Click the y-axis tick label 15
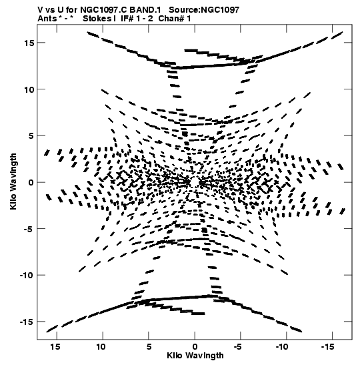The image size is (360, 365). click(29, 43)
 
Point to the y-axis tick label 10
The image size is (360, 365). click(29, 89)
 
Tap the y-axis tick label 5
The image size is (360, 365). click(31, 136)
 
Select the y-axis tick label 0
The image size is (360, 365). click(31, 183)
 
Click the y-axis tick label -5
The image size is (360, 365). click(29, 229)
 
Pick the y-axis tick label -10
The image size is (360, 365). click(27, 276)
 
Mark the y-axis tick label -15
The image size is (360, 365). click(27, 322)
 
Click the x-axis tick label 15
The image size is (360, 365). click(55, 347)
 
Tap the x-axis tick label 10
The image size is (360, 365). click(101, 347)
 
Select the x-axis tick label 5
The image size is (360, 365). click(149, 347)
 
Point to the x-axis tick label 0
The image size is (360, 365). click(195, 347)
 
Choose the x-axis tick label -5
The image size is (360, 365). click(238, 347)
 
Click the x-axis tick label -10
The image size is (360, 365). click(282, 347)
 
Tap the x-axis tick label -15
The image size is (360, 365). click(328, 347)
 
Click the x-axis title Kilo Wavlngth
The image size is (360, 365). click(195, 356)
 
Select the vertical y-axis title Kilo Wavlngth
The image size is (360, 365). click(13, 181)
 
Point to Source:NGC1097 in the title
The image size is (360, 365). click(204, 10)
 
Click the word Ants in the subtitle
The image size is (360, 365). click(47, 19)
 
